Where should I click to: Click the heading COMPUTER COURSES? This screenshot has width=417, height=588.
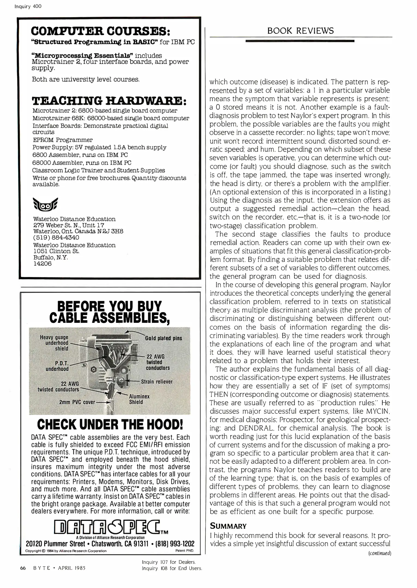tap(101, 31)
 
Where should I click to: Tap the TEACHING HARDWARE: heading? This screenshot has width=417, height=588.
tap(109, 101)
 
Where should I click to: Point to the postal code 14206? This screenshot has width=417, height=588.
tap(42, 264)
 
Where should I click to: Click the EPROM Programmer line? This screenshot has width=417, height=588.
tap(63, 140)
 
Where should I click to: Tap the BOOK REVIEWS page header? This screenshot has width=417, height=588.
tap(300, 31)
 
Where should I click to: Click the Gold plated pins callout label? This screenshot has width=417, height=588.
tap(163, 338)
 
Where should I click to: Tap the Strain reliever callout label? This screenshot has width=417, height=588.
tap(157, 382)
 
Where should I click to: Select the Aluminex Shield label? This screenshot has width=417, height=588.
tap(139, 399)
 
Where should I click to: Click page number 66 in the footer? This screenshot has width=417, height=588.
tap(23, 568)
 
